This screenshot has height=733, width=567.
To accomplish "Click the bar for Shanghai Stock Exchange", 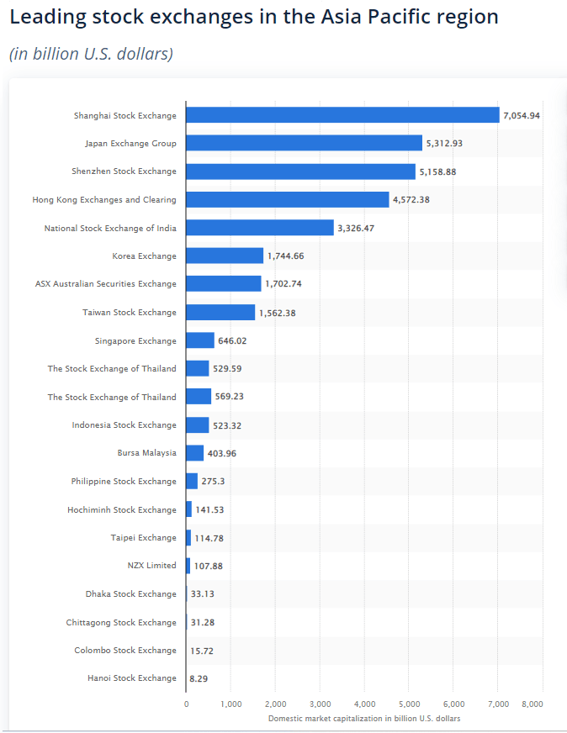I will pyautogui.click(x=342, y=115).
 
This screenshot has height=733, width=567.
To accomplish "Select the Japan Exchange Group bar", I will pyautogui.click(x=304, y=143).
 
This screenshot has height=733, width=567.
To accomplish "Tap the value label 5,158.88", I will pyautogui.click(x=439, y=171).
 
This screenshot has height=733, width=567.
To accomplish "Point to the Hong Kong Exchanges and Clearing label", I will pyautogui.click(x=104, y=200).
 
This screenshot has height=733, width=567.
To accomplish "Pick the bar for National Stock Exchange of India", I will pyautogui.click(x=260, y=228).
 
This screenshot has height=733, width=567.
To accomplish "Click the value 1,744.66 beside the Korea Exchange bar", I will pyautogui.click(x=287, y=256).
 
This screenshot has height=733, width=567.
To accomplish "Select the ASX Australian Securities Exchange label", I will pyautogui.click(x=106, y=284).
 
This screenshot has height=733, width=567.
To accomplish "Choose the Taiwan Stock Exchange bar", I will pyautogui.click(x=220, y=313).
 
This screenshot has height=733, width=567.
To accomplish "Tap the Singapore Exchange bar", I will pyautogui.click(x=200, y=340).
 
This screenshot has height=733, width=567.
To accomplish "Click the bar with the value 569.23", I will pyautogui.click(x=199, y=397).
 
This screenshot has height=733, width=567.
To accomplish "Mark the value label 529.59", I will pyautogui.click(x=228, y=369).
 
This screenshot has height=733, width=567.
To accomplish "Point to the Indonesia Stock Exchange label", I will pyautogui.click(x=125, y=425).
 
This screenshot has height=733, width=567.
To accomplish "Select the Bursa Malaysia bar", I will pyautogui.click(x=195, y=453).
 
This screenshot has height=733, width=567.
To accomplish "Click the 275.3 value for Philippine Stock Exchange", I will pyautogui.click(x=213, y=482).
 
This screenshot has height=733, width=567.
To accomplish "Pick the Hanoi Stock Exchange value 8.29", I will pyautogui.click(x=199, y=678).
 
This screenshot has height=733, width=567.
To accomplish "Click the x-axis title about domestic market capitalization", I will pyautogui.click(x=364, y=719).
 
